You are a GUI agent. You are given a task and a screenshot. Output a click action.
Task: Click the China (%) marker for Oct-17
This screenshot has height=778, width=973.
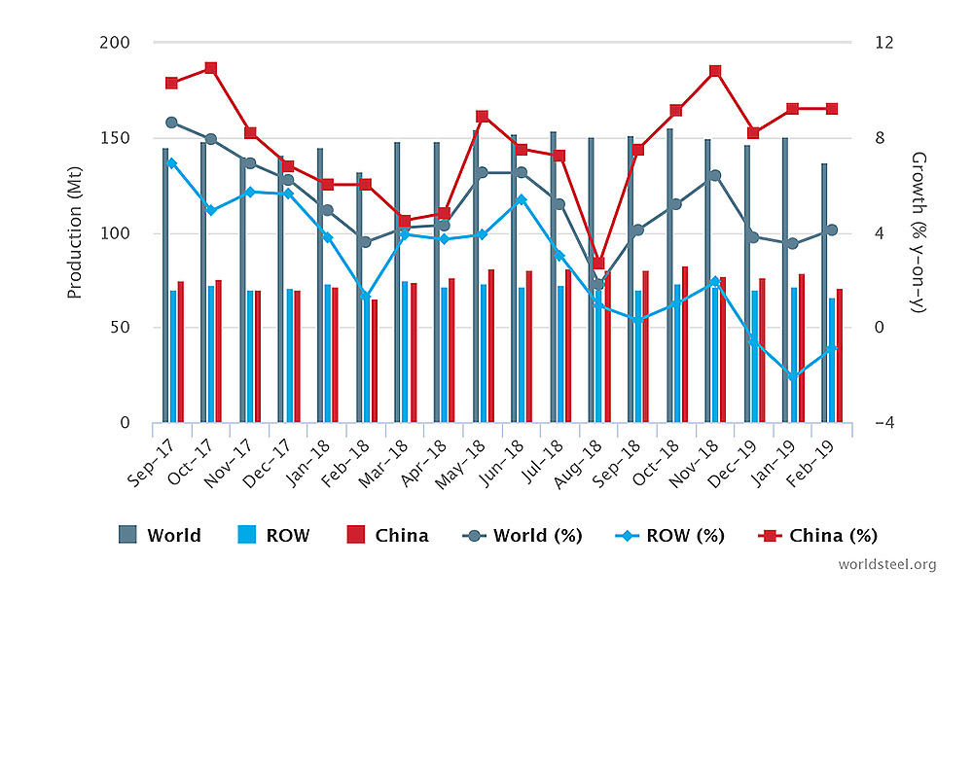click(x=210, y=68)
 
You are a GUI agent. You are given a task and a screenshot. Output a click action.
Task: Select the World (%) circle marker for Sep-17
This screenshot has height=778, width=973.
click(x=171, y=123)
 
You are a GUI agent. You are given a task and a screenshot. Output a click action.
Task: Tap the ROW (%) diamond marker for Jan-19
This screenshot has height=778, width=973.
click(x=793, y=376)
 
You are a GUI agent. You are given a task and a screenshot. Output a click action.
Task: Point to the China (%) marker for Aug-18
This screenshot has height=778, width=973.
click(x=598, y=263)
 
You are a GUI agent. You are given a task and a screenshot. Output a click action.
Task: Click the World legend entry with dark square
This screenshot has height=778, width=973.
click(x=160, y=535)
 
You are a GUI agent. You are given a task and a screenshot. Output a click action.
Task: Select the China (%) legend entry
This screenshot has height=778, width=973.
click(x=817, y=535)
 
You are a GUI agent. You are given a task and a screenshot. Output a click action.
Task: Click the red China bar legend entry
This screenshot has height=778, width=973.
click(x=387, y=535)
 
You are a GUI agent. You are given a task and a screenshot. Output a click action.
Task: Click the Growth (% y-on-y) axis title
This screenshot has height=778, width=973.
click(x=917, y=233)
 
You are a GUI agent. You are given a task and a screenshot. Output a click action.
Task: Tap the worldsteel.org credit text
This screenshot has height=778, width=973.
click(x=886, y=564)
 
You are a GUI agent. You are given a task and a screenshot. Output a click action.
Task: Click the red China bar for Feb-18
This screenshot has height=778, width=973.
click(x=375, y=361)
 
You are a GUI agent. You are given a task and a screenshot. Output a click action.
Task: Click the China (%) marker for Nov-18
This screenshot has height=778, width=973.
click(x=715, y=71)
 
